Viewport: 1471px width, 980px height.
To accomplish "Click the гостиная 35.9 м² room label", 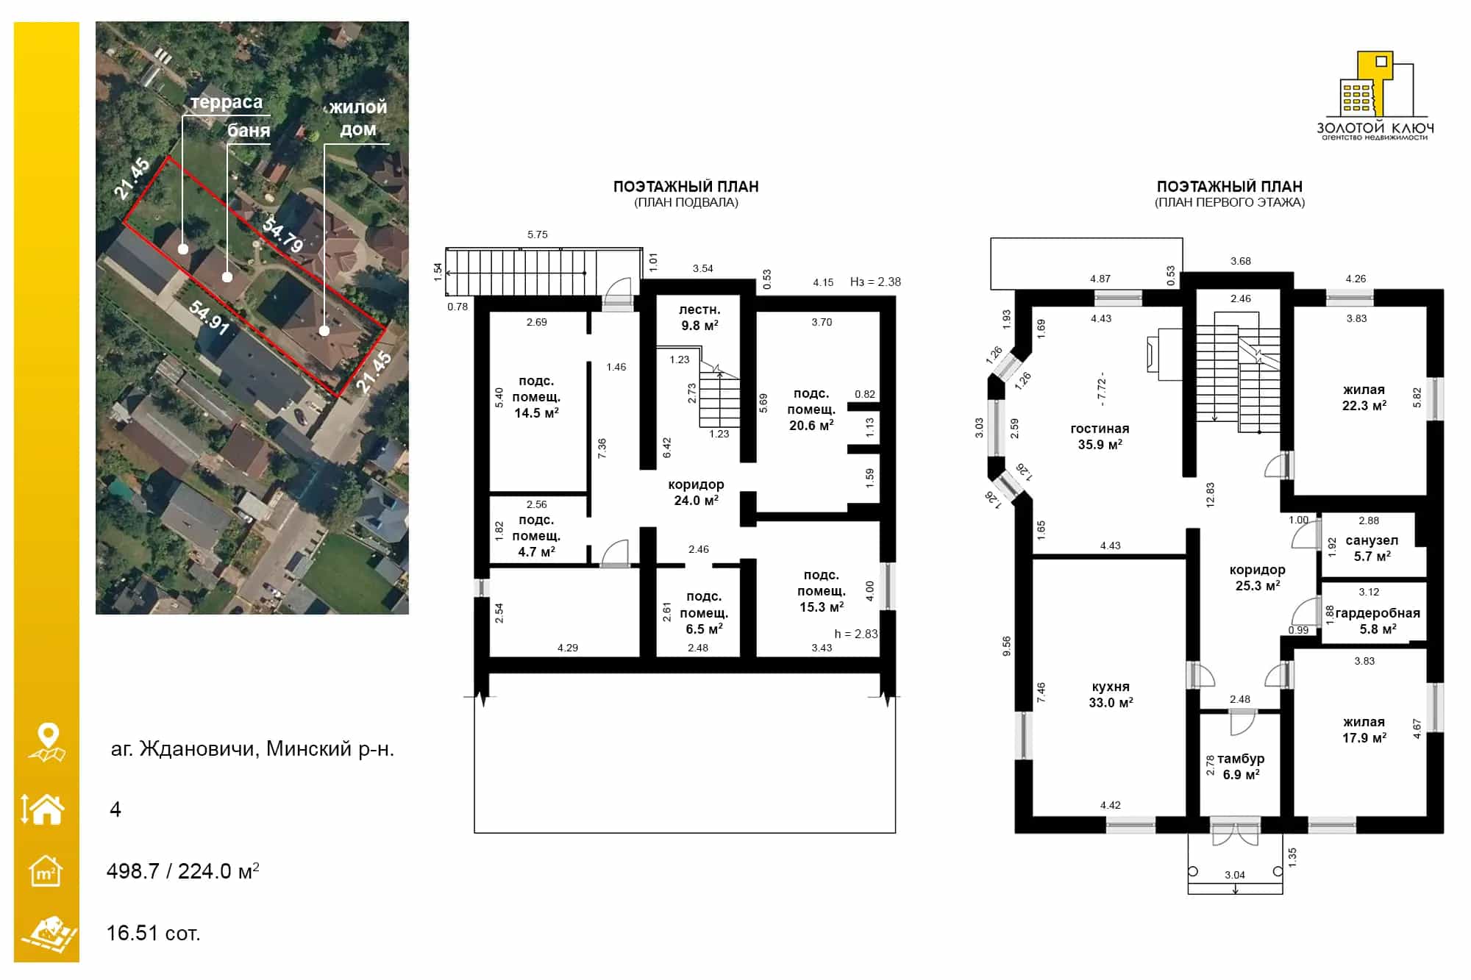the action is (1100, 437).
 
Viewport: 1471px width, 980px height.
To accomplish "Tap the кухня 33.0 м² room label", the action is (1111, 695).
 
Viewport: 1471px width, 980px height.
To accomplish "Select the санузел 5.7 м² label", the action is (1372, 548).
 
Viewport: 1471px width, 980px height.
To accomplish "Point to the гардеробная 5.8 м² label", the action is (1378, 621).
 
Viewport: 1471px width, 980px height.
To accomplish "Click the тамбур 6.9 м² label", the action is (1241, 767).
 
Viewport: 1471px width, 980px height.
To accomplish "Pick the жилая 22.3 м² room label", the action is (1364, 398).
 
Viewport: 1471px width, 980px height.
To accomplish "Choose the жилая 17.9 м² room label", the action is (1364, 730).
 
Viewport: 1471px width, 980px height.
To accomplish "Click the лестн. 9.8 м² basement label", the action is (699, 318).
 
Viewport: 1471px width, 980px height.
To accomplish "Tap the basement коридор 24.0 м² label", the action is (696, 493).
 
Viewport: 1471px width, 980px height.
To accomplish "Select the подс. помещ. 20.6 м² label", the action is (811, 409).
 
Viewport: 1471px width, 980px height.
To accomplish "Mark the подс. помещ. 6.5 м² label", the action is (704, 612).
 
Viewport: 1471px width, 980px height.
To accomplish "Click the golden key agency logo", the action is (1375, 96).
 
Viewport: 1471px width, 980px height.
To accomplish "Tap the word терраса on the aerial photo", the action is (227, 102).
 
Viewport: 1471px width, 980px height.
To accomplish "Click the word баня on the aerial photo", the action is (249, 131).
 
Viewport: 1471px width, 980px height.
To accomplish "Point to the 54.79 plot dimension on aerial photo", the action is (283, 235).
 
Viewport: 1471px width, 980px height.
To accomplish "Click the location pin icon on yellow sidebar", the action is (47, 743).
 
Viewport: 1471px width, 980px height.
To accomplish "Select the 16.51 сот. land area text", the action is (153, 933).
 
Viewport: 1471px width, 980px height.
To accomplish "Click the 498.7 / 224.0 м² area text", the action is (182, 871).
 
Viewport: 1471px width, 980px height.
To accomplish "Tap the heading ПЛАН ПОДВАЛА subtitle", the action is (686, 202).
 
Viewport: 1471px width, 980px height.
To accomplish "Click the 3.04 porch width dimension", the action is (1235, 875).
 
